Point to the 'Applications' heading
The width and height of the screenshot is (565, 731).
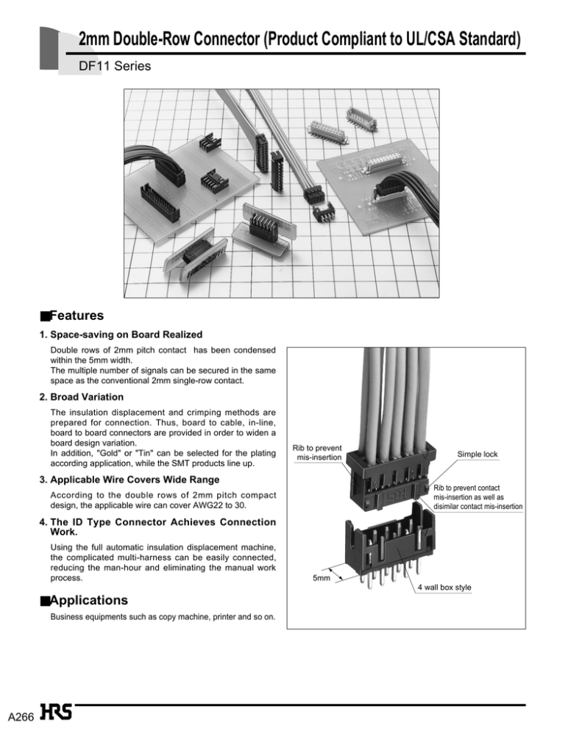click(89, 599)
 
